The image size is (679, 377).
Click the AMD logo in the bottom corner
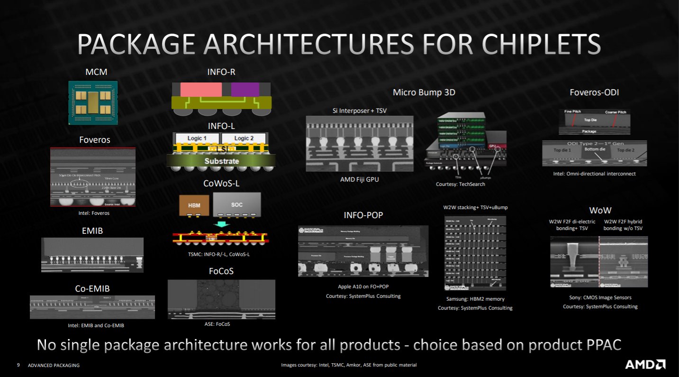[x=645, y=365]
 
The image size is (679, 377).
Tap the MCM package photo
[x=92, y=102]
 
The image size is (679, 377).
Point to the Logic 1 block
[x=197, y=138]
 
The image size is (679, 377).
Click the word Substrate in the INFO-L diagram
[x=221, y=161]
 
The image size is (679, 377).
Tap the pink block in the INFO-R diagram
[x=201, y=90]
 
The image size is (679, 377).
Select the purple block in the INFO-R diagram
[x=245, y=90]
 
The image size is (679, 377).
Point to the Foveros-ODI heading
[x=594, y=92]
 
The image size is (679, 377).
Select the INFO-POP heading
[x=363, y=215]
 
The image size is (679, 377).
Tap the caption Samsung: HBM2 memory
[x=475, y=299]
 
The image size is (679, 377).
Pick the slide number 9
[x=18, y=365]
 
